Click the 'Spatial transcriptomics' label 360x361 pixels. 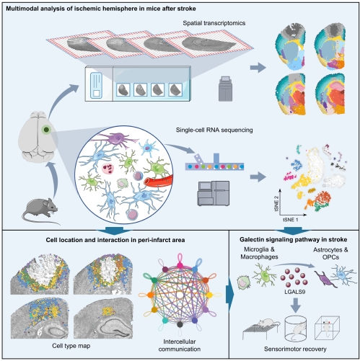[x=214, y=23]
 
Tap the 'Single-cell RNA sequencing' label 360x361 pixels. [x=214, y=130]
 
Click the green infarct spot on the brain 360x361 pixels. [x=46, y=130]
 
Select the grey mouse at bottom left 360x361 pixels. [x=41, y=211]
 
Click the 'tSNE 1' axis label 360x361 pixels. [x=291, y=220]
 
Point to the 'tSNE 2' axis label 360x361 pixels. [x=276, y=204]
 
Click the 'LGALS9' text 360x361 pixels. [x=294, y=292]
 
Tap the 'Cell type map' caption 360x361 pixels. [x=71, y=346]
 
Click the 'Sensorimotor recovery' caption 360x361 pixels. [x=295, y=349]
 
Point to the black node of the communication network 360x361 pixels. [x=180, y=325]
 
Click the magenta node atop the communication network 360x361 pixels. [x=180, y=265]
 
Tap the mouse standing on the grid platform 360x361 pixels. [x=266, y=322]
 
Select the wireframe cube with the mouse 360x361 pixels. [x=327, y=328]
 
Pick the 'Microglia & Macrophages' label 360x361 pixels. [x=259, y=253]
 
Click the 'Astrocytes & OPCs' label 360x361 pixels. [x=330, y=254]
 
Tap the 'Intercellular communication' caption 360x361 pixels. [x=180, y=345]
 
